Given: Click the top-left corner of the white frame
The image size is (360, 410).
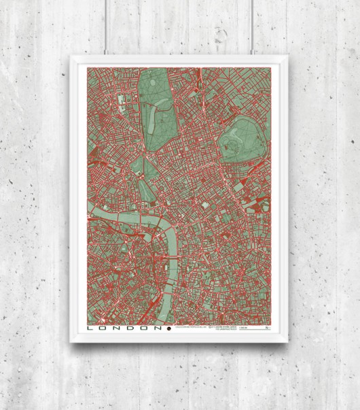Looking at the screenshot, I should (x=72, y=57).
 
